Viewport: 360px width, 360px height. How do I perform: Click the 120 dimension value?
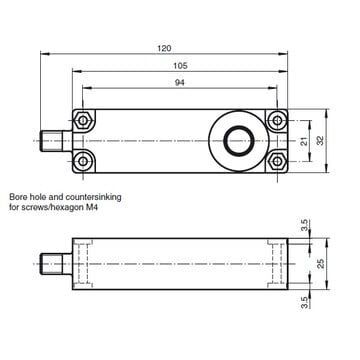(164, 48)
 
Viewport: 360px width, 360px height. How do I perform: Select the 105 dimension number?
(180, 66)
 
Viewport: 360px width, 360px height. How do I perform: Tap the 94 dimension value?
(180, 83)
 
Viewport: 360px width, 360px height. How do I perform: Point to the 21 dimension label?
(304, 141)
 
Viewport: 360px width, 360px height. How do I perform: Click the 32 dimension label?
(320, 141)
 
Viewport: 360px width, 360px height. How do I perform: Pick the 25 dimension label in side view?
(320, 264)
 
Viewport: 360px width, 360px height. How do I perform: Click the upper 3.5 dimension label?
(304, 225)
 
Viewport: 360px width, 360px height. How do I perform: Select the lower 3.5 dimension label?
(304, 303)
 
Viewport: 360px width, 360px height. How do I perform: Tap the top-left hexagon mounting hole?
(82, 120)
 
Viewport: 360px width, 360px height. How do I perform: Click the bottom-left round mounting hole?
(82, 161)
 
